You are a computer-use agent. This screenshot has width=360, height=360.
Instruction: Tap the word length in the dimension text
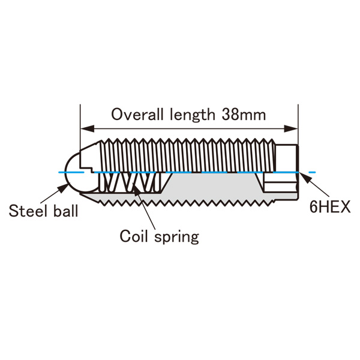[x=193, y=115]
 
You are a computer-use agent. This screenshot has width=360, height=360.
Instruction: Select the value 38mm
[x=244, y=115]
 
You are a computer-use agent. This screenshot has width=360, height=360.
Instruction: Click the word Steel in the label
[x=28, y=211]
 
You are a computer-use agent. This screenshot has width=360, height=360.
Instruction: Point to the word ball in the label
[x=66, y=211]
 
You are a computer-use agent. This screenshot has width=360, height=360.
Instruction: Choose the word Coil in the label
[x=133, y=236]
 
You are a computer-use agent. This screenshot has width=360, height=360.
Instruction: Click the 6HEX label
[x=329, y=206]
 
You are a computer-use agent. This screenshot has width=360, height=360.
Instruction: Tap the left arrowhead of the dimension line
[x=87, y=128]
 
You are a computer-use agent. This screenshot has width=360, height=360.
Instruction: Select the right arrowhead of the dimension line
[x=291, y=128]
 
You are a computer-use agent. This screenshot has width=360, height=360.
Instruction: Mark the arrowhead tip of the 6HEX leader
[x=299, y=173]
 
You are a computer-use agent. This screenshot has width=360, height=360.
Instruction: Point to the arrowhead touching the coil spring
[x=136, y=190]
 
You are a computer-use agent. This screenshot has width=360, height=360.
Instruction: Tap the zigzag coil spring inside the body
[x=130, y=182]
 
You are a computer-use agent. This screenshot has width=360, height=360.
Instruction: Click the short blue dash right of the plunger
[x=312, y=172]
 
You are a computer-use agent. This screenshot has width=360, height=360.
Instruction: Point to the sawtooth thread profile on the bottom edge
[x=187, y=202]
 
